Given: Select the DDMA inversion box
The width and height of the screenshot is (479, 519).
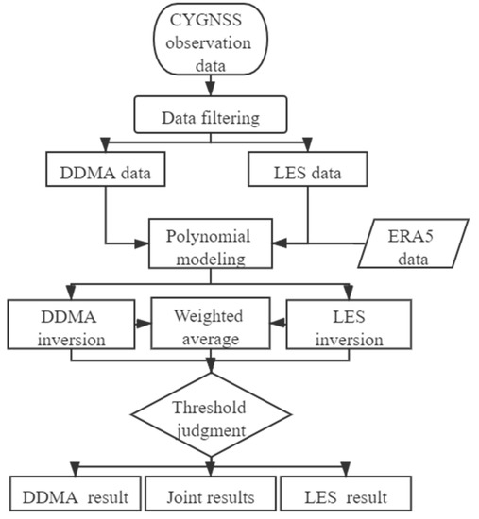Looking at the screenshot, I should tap(65, 325).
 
